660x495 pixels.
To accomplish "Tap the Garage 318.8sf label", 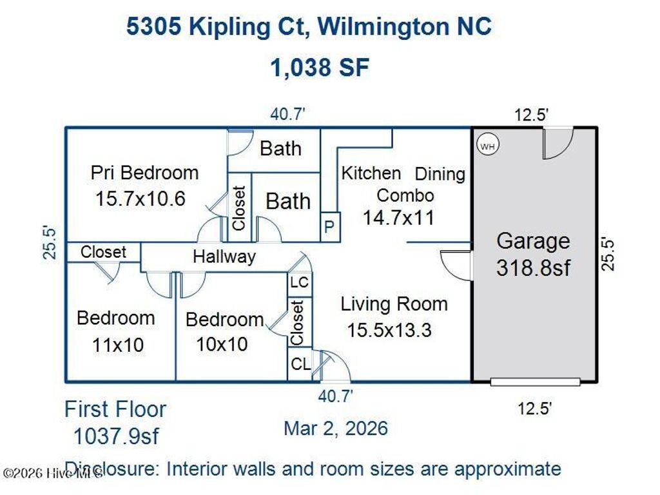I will coord(533,254).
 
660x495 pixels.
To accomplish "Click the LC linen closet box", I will coord(300,282).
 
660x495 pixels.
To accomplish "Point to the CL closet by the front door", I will coord(300,365).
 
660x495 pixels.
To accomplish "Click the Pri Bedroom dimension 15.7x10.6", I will coord(141,199).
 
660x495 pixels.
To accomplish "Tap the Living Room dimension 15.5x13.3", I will coord(389,330).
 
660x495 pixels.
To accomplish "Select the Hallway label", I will coord(224,257).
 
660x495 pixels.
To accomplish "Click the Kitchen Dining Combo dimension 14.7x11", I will coord(398,217).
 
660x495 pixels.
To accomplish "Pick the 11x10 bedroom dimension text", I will coord(118,345).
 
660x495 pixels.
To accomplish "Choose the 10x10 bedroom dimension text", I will coord(222,344).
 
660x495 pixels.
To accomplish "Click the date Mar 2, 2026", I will coord(336,428).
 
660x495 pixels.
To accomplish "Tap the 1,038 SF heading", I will coord(320,67).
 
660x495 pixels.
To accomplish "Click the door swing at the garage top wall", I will coord(556,142).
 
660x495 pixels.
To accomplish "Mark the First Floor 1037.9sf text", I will coord(115,423).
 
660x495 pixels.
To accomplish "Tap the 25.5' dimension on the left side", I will coord(50,242).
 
